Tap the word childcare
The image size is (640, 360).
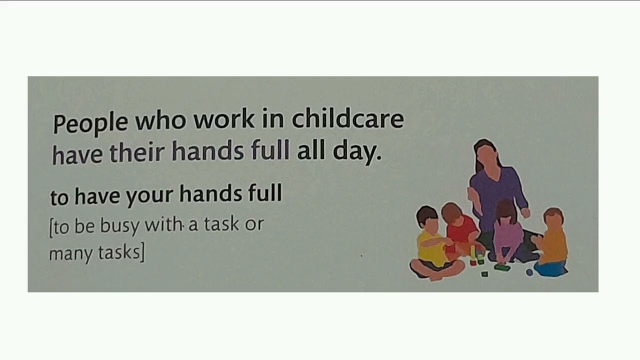347,119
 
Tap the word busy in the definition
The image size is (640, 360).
119,226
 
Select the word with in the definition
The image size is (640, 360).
163,225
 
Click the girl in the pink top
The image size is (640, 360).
507,232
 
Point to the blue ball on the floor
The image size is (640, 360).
529,272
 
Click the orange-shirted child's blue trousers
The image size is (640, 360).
550,268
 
